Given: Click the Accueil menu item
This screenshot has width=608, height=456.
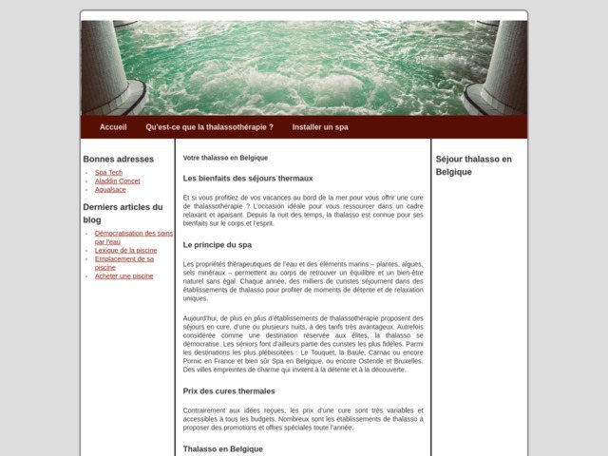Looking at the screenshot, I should coord(113,126).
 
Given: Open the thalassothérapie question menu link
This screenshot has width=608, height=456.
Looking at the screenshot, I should coord(209,126).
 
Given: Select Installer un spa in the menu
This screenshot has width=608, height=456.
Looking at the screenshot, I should coord(320,126).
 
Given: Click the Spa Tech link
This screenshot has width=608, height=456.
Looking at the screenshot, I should coord(108,172).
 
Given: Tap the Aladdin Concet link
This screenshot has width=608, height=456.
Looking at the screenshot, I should coord(117,180).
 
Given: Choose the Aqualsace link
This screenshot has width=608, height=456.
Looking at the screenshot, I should coord(110,189).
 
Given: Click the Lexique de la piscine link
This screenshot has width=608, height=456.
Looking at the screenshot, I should coord(125,250).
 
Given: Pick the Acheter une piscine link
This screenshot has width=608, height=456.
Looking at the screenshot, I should coord(123,275).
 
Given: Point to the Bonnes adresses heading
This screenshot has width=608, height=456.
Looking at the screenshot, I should coord(118,159).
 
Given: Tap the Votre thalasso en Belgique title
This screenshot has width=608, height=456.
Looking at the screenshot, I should coord(225,157).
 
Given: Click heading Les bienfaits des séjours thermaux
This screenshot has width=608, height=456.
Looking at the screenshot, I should coord(247,178).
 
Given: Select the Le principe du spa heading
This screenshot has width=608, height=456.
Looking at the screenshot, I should coord(217,244).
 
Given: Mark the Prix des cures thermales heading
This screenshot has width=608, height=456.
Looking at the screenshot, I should coord(229,390).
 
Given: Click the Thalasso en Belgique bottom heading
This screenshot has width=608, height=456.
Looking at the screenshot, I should coord(222,448).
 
